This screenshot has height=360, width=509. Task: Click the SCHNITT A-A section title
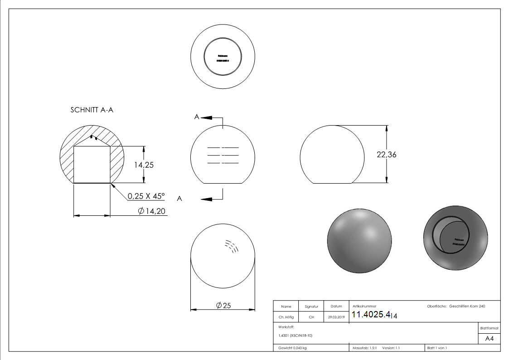click(x=95, y=110)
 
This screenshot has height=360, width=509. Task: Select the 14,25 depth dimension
click(x=143, y=165)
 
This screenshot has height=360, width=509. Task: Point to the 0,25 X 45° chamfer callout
click(x=146, y=196)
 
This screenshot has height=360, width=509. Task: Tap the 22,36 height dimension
click(x=386, y=154)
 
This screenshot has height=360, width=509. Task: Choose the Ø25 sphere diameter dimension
click(x=223, y=306)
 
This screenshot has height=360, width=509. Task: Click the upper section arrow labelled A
click(x=206, y=117)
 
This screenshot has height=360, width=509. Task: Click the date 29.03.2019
click(x=336, y=317)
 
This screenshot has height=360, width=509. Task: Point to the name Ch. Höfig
click(x=286, y=317)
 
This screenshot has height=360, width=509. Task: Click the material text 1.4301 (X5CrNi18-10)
click(x=295, y=336)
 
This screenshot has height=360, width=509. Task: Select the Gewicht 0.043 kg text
click(x=292, y=348)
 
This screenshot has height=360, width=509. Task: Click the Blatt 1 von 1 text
click(x=436, y=348)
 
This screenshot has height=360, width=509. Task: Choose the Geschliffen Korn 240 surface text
click(x=467, y=306)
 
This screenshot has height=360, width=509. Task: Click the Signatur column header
click(x=311, y=306)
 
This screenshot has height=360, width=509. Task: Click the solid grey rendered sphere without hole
click(x=359, y=241)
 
